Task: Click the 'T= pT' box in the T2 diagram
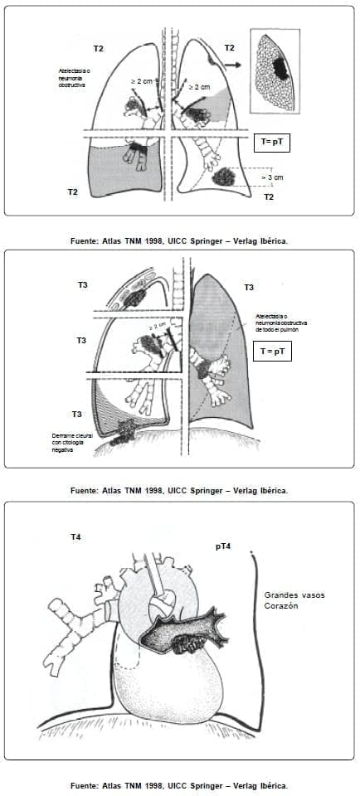click(x=274, y=141)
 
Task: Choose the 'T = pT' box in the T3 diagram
click(x=274, y=351)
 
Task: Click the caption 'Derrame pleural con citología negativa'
click(x=70, y=441)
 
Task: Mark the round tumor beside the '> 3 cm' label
click(x=224, y=177)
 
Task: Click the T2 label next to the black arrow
click(x=229, y=48)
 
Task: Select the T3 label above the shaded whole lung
click(x=249, y=287)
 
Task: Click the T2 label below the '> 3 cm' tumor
click(x=269, y=197)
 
